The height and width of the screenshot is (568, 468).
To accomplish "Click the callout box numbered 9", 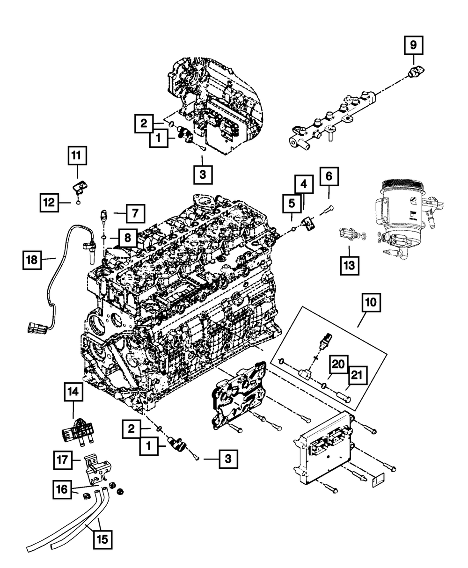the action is pos(413,45).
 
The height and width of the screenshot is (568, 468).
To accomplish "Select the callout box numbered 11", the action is pos(77,155).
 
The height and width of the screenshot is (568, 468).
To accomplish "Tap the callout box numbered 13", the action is pos(350,265).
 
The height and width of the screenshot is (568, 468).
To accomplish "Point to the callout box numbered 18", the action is pos(32,260).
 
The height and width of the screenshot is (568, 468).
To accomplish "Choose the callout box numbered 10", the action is pos(371,302).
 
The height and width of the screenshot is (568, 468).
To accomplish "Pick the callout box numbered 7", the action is pos(136,213).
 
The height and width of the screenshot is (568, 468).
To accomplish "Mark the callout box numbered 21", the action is pos(357,375).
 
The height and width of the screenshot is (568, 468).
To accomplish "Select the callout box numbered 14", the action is pos(73,392).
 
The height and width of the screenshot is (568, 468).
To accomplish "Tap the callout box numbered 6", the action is pos(329,176).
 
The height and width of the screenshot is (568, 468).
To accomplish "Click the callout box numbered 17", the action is pos(63,460).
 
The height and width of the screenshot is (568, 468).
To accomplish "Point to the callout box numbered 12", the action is pos(49,203).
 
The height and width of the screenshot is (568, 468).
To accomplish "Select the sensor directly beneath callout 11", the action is pos(80,188).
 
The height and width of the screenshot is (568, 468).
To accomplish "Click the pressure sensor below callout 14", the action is pos(78,432).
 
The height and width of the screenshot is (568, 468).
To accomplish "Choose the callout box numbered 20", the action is pos(339,364).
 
